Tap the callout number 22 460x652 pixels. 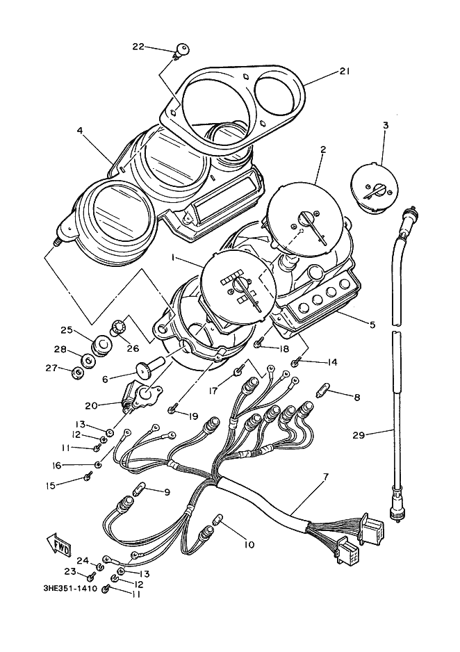click(138, 47)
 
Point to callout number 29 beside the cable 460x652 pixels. click(359, 435)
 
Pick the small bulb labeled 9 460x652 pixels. click(140, 491)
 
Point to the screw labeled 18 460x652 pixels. click(258, 343)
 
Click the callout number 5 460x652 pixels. click(372, 324)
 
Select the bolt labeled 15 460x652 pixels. click(88, 477)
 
